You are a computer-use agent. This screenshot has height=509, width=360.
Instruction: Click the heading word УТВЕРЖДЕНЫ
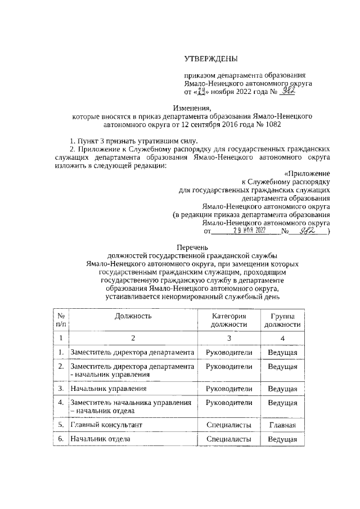[211, 59]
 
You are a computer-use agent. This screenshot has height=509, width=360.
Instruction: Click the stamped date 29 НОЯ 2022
[250, 230]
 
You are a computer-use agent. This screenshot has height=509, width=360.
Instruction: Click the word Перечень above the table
[192, 247]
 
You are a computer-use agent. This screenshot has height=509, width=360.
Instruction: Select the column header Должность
[133, 316]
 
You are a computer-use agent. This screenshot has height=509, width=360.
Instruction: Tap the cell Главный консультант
[106, 424]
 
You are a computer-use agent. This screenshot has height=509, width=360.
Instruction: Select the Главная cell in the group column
[282, 424]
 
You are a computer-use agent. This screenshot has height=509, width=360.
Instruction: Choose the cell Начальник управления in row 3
[109, 388]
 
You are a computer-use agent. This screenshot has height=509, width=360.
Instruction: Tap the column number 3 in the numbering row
[229, 337]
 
